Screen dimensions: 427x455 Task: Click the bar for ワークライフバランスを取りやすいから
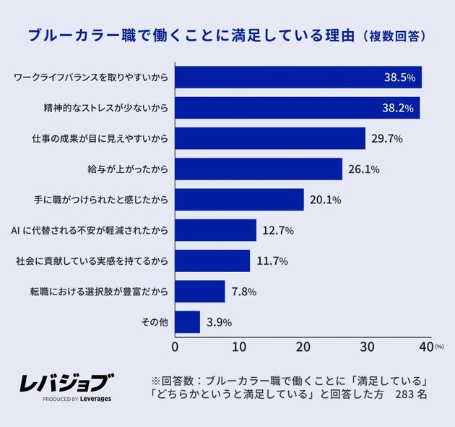click(x=298, y=77)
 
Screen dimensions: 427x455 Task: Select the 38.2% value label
click(x=397, y=108)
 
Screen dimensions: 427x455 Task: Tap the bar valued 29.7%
click(x=270, y=138)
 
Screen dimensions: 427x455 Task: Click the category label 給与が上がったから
click(x=127, y=169)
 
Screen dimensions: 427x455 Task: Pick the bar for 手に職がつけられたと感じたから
click(x=239, y=200)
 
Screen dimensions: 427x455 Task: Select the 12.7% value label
click(x=277, y=231)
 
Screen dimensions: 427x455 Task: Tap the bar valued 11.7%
click(x=212, y=261)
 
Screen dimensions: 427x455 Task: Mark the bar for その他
click(x=188, y=322)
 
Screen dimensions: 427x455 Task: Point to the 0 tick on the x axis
click(x=175, y=347)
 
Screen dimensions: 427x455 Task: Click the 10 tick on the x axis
click(x=239, y=347)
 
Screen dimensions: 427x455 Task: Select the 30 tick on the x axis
click(x=367, y=347)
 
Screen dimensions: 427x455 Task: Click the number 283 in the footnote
click(x=406, y=396)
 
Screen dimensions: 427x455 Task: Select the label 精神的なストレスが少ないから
click(x=106, y=108)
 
